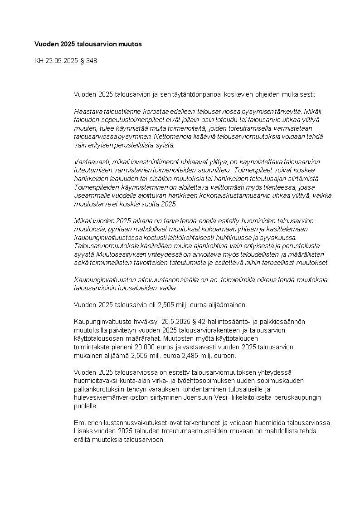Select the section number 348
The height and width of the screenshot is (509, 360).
[91, 60]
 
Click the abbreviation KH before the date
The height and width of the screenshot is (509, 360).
[39, 60]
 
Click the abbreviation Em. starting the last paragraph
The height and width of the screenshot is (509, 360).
[78, 422]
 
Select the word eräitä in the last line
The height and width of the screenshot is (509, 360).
[82, 439]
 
